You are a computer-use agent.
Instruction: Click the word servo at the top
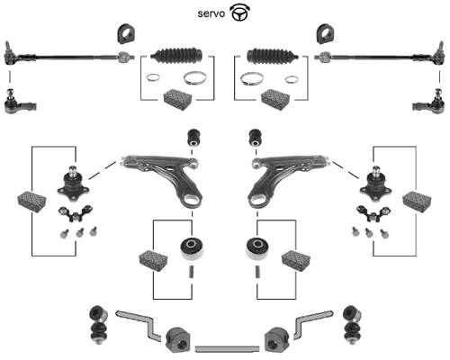tap(211, 13)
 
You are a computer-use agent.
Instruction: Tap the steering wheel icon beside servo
tap(240, 13)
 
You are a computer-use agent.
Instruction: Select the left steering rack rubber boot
tap(177, 56)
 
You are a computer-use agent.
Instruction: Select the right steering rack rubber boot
tap(273, 56)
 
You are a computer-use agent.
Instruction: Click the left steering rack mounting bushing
tap(125, 33)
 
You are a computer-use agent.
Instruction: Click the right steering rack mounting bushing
tap(325, 33)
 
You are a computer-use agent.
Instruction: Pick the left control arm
tap(164, 178)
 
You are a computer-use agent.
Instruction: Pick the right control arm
tap(286, 178)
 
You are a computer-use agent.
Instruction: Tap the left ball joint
tap(73, 184)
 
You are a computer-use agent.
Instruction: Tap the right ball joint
tap(375, 184)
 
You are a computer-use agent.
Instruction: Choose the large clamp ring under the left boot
tap(195, 77)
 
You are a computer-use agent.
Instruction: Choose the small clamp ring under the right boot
tap(292, 79)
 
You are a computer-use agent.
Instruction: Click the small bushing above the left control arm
tap(194, 138)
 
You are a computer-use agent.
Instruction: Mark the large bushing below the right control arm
tap(257, 248)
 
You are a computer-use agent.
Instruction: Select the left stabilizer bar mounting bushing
tap(177, 340)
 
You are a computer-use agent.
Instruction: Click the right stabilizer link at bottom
tap(352, 326)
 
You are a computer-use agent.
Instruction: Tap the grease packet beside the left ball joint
tap(32, 202)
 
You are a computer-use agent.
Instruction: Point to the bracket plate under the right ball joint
tap(373, 213)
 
